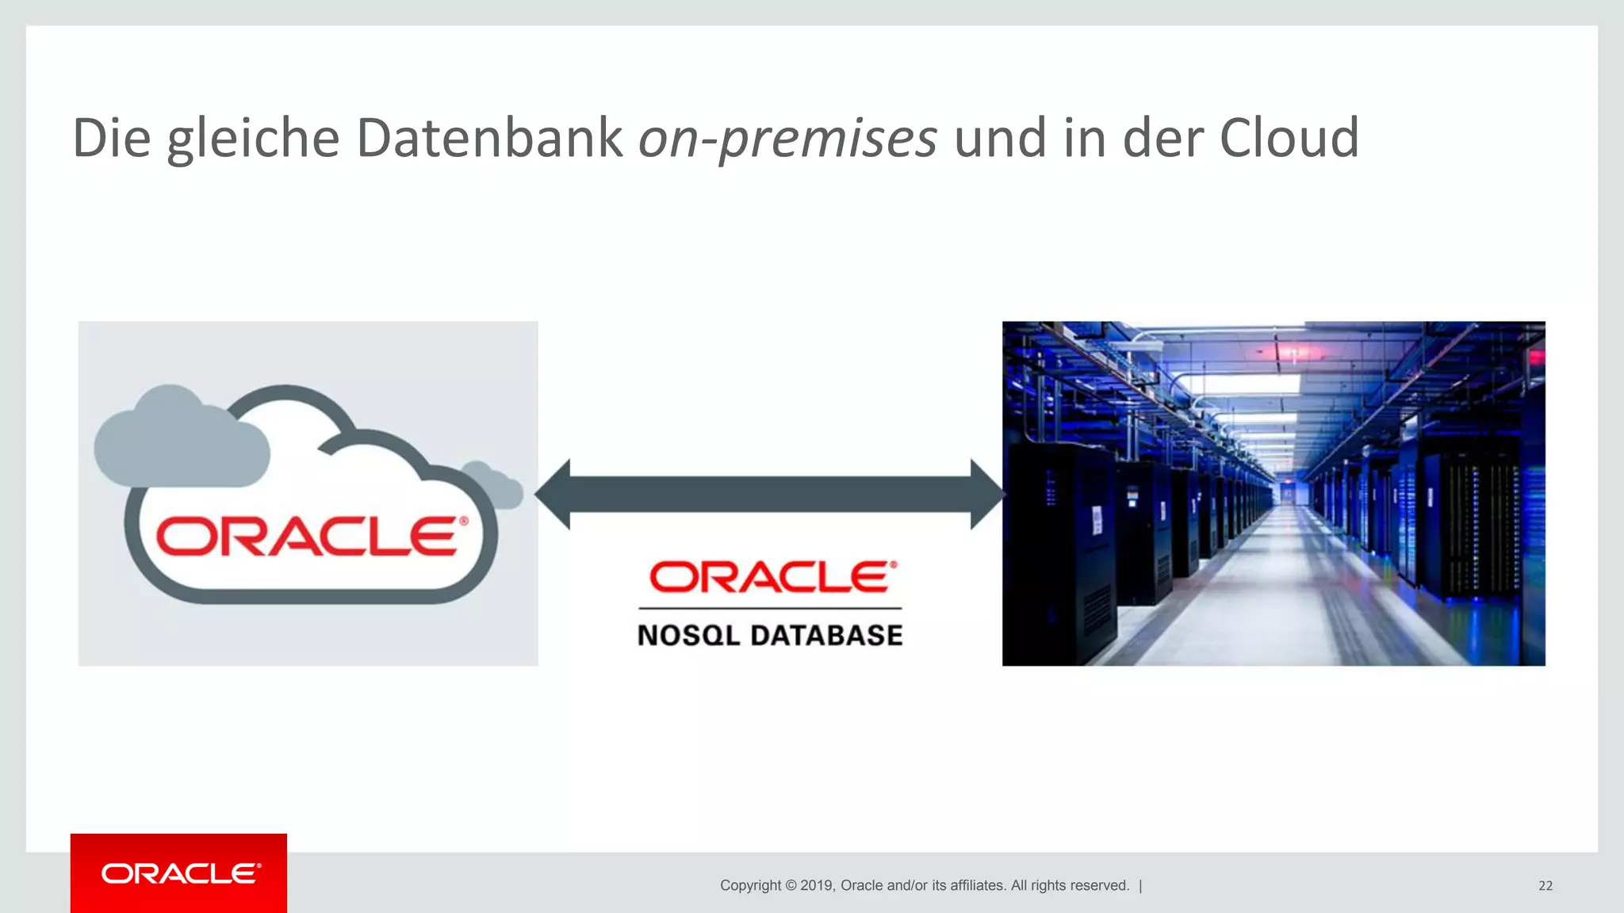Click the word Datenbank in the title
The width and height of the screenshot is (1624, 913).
[x=489, y=138]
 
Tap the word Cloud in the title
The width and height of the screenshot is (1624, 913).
[x=1289, y=138]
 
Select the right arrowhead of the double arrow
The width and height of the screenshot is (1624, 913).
[x=986, y=494]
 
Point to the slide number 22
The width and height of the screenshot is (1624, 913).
[x=1545, y=886]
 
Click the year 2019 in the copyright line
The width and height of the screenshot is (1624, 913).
[x=816, y=885]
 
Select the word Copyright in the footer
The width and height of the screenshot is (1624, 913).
[x=749, y=885]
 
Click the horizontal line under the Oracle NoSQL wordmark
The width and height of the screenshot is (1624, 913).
[x=770, y=609]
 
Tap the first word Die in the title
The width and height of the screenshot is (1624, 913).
[x=111, y=138]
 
